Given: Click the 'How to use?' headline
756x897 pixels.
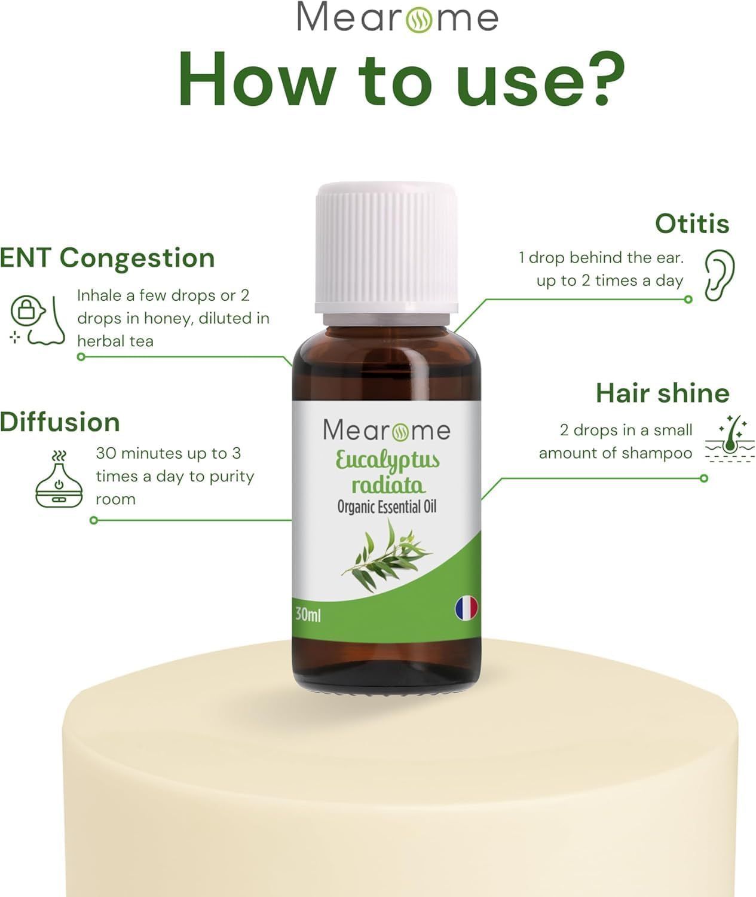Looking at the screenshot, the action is [x=402, y=80].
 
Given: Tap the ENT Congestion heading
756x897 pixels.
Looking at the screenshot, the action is [x=107, y=259].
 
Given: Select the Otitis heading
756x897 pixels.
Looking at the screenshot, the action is [x=692, y=224].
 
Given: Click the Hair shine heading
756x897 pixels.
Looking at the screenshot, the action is [x=662, y=393].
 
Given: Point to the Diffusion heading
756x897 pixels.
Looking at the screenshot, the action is [x=60, y=422].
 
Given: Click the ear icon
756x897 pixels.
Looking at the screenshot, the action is [x=720, y=275].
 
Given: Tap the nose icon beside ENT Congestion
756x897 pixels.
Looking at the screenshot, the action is [x=37, y=320].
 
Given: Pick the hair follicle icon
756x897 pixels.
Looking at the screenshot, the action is [x=730, y=439].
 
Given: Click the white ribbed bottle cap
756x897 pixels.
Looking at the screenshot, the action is [x=387, y=248].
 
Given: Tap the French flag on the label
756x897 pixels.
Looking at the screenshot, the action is [x=466, y=608].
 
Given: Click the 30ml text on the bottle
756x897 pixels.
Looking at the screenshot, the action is [x=308, y=615].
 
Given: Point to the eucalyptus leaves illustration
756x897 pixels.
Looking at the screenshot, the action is [x=387, y=556].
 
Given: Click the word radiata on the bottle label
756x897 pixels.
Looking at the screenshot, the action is [x=388, y=486].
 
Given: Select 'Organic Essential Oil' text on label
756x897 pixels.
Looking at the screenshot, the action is [x=387, y=507].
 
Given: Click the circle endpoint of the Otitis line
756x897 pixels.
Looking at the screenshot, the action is [x=688, y=300].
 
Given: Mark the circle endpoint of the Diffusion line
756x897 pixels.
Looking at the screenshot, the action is [x=94, y=520].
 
